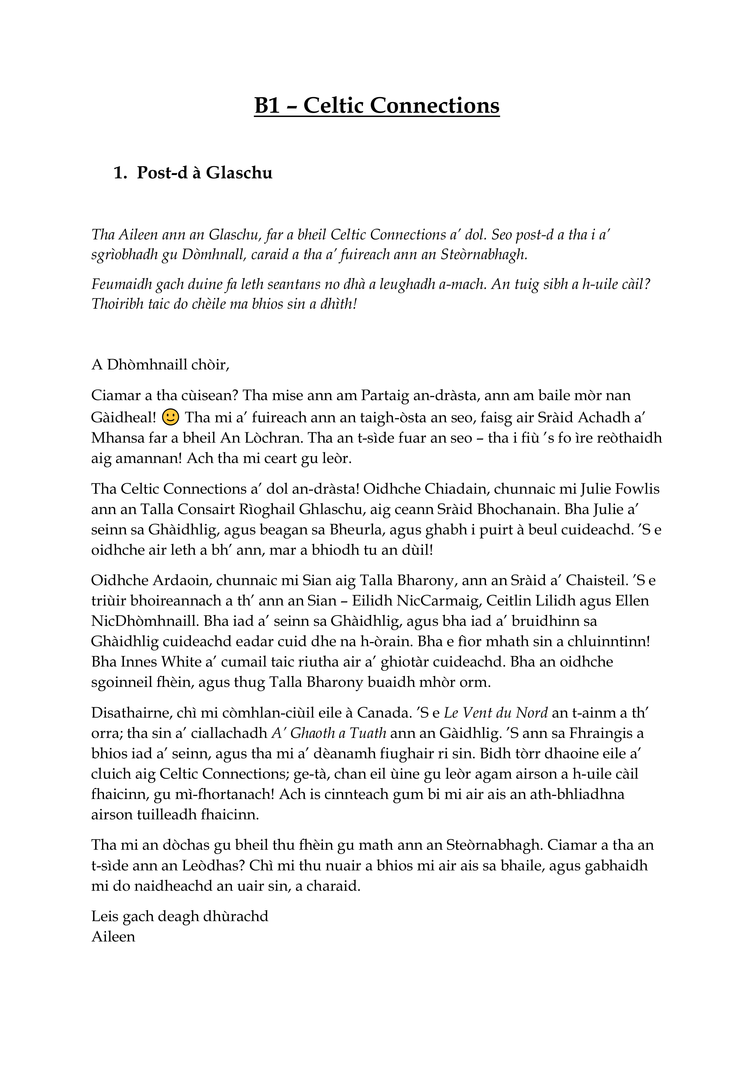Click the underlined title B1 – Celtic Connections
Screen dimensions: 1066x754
click(377, 105)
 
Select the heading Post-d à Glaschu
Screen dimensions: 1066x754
click(205, 173)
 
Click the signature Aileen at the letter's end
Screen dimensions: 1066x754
click(113, 937)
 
